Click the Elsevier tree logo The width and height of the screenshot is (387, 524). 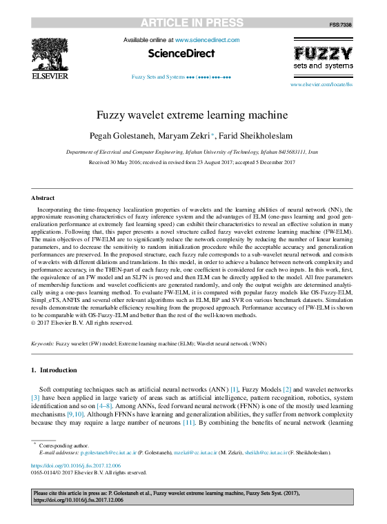(x=49, y=55)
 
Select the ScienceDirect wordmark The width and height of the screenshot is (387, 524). (x=181, y=53)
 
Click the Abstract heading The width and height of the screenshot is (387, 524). (x=43, y=198)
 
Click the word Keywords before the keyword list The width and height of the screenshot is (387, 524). (x=42, y=343)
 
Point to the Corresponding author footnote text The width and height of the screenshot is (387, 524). (x=64, y=446)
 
